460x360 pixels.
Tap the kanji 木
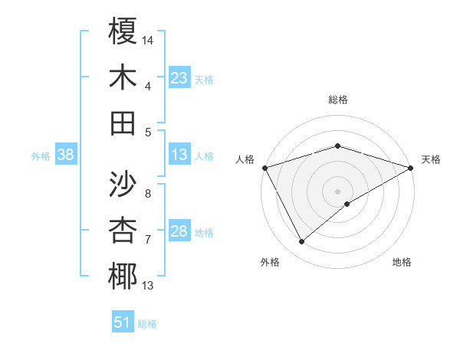(123, 77)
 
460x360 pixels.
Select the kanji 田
(123, 123)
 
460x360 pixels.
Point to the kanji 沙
(123, 185)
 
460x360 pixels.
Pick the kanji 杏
(123, 231)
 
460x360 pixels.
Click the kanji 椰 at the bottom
(123, 277)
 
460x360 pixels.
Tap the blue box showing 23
(179, 77)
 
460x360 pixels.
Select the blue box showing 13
(179, 155)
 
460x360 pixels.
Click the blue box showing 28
(179, 231)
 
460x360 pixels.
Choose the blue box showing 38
(65, 155)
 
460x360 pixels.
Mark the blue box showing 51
(123, 322)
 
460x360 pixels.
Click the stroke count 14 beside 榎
(149, 40)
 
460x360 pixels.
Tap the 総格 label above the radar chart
(338, 100)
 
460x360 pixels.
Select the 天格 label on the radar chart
(431, 159)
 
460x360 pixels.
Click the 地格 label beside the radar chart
(402, 263)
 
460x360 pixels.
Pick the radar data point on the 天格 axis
(411, 168)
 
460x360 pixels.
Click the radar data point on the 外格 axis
(302, 242)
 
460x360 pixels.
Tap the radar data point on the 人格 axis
(264, 168)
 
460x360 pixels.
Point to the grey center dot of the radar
(338, 191)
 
